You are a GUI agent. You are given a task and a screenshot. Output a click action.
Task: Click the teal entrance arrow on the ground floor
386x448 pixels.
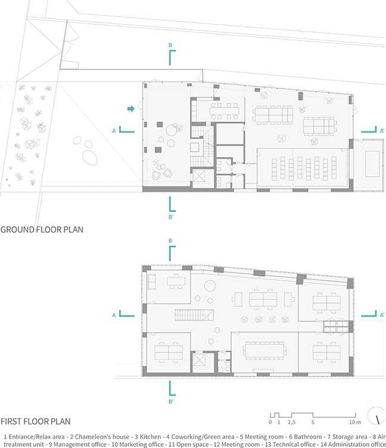[x=131, y=108]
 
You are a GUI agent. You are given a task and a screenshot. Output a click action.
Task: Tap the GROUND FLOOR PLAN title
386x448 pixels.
[x=42, y=230]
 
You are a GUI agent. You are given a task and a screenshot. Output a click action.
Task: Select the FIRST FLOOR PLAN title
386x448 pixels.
[x=36, y=421]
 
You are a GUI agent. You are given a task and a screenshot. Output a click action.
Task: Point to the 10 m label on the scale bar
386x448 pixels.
[x=355, y=422]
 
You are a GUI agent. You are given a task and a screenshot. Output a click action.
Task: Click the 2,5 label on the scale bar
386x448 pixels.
[x=291, y=422]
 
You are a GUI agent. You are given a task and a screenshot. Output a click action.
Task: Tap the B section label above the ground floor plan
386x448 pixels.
[x=170, y=45]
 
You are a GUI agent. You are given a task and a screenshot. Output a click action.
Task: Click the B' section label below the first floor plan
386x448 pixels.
[x=171, y=402]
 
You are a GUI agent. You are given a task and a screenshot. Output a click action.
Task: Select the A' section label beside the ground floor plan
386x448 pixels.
[x=382, y=130]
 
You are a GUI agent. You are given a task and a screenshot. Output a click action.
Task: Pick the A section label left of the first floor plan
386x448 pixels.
[x=114, y=315]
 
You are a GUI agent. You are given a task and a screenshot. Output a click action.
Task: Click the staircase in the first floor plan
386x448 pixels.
[x=194, y=315]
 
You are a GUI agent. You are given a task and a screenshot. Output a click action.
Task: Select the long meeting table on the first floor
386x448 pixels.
[x=265, y=349]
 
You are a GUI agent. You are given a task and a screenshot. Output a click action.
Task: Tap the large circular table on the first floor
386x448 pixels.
[x=210, y=286]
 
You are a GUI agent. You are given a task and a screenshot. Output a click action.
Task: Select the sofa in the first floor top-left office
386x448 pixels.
[x=152, y=282]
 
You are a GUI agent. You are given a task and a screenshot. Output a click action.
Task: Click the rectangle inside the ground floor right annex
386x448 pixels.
[x=372, y=164]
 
